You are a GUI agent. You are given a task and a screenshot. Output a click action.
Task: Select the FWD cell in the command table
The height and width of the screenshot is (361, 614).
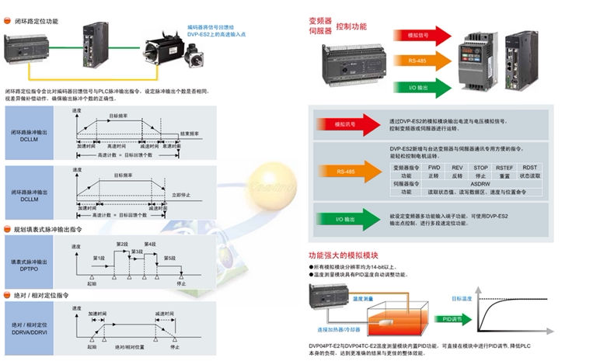(434, 167)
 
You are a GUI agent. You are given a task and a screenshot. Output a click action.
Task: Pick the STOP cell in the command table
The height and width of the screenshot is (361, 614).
(480, 167)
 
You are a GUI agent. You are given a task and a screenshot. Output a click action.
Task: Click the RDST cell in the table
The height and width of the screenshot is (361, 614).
(529, 167)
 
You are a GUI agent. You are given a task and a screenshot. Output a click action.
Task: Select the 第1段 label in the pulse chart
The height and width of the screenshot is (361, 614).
(99, 257)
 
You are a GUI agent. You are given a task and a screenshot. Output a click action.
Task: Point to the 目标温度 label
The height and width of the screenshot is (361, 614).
(462, 298)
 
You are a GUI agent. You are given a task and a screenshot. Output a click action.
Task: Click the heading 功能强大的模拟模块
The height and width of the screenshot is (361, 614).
(343, 255)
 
